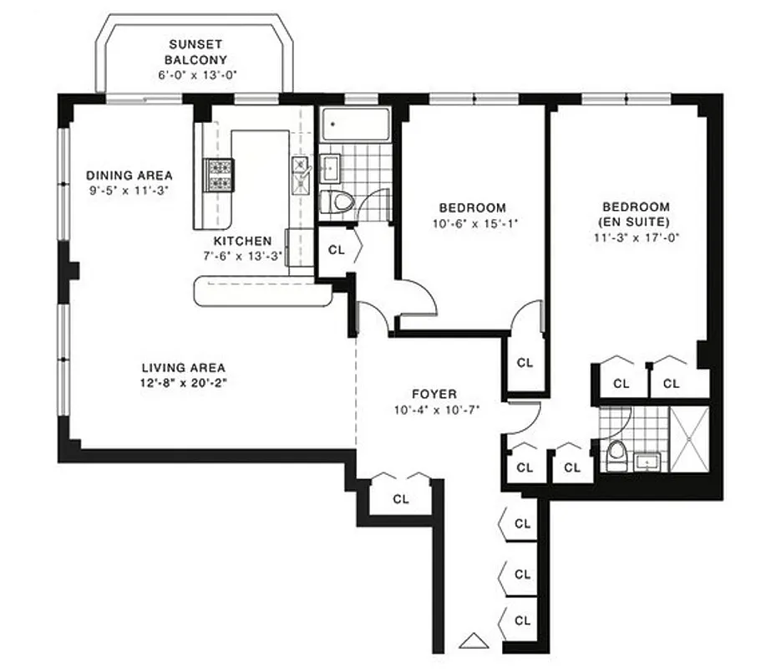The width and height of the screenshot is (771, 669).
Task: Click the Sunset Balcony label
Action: [196, 52]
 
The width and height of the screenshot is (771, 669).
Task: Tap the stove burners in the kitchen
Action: [220, 175]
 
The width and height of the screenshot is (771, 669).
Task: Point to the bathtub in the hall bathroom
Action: [356, 125]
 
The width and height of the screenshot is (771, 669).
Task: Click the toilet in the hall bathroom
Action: [336, 202]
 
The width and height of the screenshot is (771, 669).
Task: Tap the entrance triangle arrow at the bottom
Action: [473, 642]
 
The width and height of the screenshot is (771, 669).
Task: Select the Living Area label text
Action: [183, 367]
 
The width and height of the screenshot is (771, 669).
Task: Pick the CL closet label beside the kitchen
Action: [336, 249]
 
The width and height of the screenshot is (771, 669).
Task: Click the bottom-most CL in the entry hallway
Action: [522, 621]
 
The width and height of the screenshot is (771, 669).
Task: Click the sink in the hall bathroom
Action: [330, 166]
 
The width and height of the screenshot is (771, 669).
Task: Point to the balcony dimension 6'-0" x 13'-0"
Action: [196, 74]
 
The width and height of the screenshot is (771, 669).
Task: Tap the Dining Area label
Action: [129, 175]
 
